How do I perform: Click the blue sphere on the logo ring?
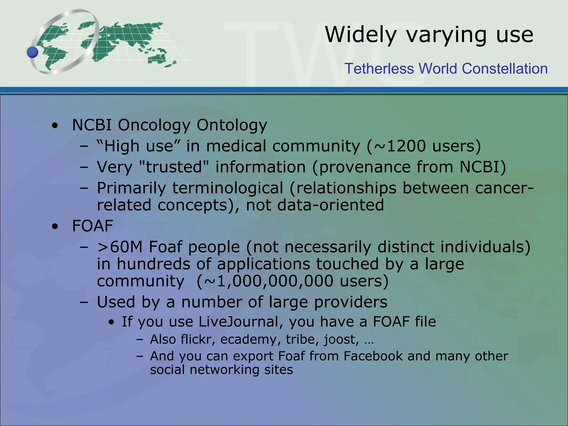(x=33, y=52)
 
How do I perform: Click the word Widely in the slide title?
(x=361, y=35)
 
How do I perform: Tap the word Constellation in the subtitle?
(x=505, y=69)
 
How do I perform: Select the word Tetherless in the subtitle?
(x=379, y=69)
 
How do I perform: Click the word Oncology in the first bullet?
(x=154, y=125)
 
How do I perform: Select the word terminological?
(x=227, y=188)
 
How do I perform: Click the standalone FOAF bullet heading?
(x=92, y=226)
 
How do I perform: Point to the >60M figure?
(x=120, y=247)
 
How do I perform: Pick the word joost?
(x=341, y=339)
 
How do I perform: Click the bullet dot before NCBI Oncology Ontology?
(x=55, y=126)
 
